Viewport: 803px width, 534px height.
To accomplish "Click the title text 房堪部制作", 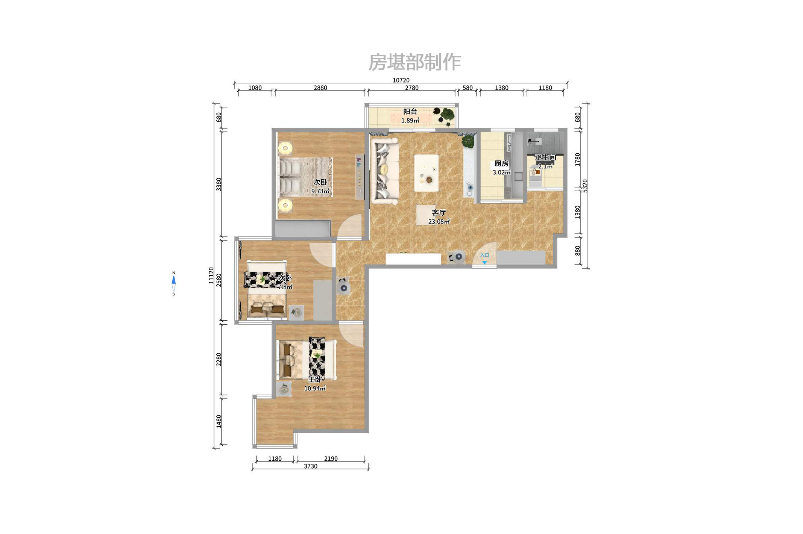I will point(414,62).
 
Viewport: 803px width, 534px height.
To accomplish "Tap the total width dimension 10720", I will point(401,80).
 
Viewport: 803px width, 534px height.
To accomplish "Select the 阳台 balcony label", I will point(410,112).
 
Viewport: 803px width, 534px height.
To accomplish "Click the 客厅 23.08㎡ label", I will point(439,217).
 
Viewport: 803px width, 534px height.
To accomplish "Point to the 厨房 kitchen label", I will point(501,163).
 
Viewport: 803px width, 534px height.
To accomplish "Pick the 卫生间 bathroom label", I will point(545,157).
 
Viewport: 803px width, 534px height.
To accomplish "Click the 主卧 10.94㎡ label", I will point(315,384).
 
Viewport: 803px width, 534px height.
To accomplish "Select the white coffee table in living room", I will point(426,173).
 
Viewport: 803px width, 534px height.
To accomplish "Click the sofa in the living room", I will point(384,171).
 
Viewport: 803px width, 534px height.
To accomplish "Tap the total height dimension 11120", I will point(211,275).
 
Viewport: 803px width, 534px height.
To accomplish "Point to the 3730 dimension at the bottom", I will point(310,466).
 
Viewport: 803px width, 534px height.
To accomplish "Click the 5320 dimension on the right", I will point(585,186).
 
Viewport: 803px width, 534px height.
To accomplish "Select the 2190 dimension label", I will point(331,458).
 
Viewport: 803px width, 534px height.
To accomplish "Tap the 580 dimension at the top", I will point(467,88).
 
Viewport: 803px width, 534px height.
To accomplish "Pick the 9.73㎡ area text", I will point(320,191).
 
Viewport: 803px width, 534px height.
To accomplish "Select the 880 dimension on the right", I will point(578,251).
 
